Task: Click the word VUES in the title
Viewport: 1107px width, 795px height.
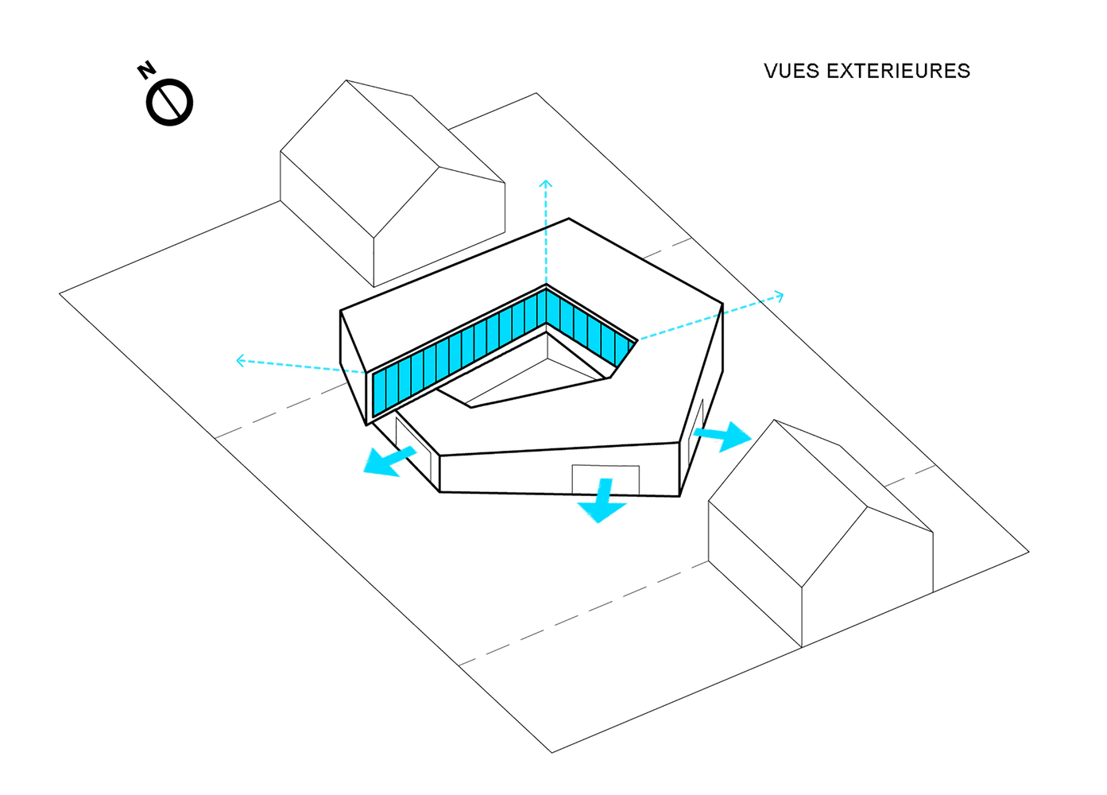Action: coord(792,72)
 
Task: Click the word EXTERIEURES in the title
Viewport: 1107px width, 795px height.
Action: coord(899,72)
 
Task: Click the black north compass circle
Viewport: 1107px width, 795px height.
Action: coord(169,103)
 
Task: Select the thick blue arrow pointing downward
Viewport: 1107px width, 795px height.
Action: coord(602,500)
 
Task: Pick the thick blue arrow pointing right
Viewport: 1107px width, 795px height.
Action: coord(722,436)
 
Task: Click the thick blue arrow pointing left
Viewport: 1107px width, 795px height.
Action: coord(389,461)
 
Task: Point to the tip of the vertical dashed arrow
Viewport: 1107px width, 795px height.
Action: coord(546,181)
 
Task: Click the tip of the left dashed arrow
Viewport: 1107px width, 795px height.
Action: coord(237,360)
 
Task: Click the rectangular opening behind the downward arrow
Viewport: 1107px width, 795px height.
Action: coord(606,479)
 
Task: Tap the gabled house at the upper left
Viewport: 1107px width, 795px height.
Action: coord(393,184)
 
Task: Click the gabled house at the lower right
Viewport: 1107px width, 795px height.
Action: coord(820,533)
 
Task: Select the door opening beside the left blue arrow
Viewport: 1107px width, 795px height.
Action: coord(413,448)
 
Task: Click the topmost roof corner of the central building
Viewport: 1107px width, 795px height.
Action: coord(568,218)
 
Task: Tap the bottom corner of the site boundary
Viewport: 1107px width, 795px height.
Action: coord(552,753)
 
